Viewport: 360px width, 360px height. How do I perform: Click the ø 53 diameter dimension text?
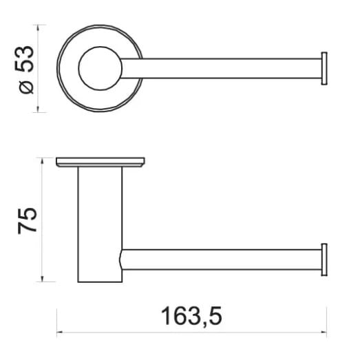click(x=26, y=70)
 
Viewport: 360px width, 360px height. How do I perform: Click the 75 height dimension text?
click(x=27, y=221)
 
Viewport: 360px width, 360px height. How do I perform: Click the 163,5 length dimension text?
click(x=192, y=316)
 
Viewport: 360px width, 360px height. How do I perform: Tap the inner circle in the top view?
click(x=100, y=68)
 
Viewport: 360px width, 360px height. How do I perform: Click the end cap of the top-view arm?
click(x=324, y=69)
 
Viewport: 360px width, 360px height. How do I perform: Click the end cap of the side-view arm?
click(x=324, y=260)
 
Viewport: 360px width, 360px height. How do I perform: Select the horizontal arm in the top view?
click(x=221, y=68)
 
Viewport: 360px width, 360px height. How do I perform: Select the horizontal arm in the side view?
click(x=221, y=260)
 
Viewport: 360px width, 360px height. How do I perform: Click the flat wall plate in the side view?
click(x=100, y=162)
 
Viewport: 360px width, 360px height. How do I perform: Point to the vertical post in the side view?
click(x=100, y=224)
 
